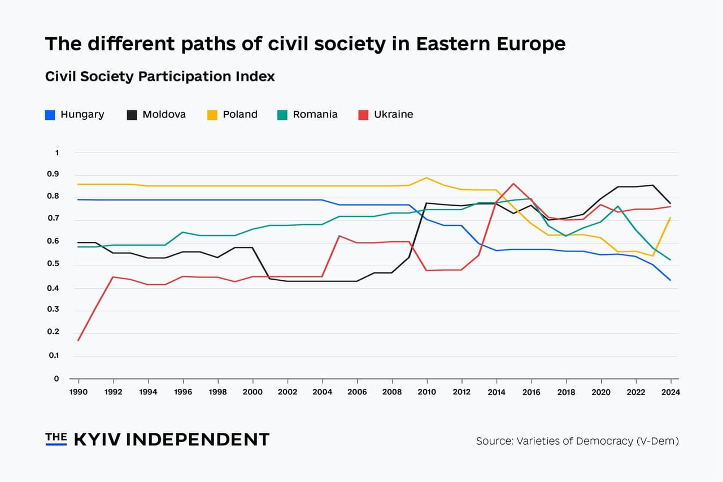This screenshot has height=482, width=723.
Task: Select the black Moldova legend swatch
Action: tap(132, 115)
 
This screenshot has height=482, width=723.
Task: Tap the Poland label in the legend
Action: tap(240, 115)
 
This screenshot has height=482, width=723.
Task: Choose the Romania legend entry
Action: tap(315, 115)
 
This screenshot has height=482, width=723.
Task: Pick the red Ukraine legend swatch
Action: tap(364, 115)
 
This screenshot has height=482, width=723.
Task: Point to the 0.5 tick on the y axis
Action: tap(53, 264)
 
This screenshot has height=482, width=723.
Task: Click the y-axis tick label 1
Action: tap(56, 153)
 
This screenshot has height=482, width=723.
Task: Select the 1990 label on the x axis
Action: tap(78, 392)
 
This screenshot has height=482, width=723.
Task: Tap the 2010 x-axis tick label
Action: tap(426, 392)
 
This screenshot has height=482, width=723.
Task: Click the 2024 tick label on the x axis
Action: tap(670, 392)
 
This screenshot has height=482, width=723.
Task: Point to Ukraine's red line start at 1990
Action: tap(79, 340)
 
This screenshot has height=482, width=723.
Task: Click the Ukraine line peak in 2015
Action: tap(513, 184)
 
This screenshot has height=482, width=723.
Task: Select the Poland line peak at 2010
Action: tap(426, 178)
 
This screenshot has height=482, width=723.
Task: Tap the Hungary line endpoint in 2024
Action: tap(670, 280)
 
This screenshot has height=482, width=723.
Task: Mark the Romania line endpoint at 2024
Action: tap(670, 260)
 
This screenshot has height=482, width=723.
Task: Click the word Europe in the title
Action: tap(528, 44)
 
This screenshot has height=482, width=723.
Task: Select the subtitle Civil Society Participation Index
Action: tap(160, 77)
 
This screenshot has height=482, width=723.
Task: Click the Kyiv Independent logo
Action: tap(157, 440)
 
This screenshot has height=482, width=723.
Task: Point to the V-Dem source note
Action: tap(577, 441)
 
